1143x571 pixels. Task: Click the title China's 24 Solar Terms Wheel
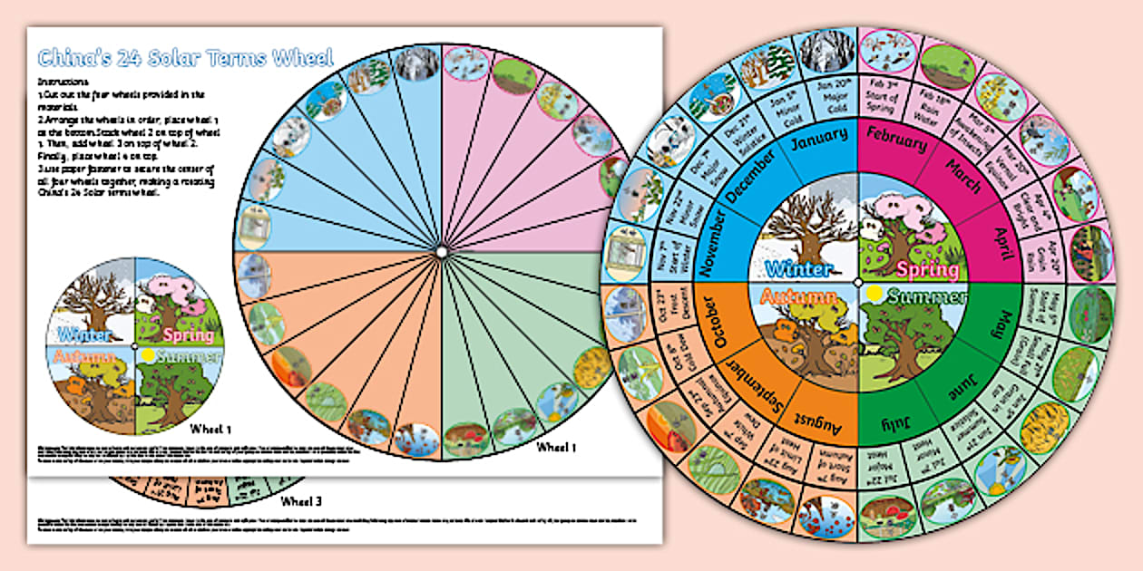click(x=185, y=58)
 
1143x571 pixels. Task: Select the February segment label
click(x=898, y=143)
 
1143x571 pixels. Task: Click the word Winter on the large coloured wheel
click(x=797, y=269)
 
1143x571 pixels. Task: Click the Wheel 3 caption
click(x=301, y=499)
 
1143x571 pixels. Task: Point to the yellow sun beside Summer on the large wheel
click(x=874, y=294)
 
